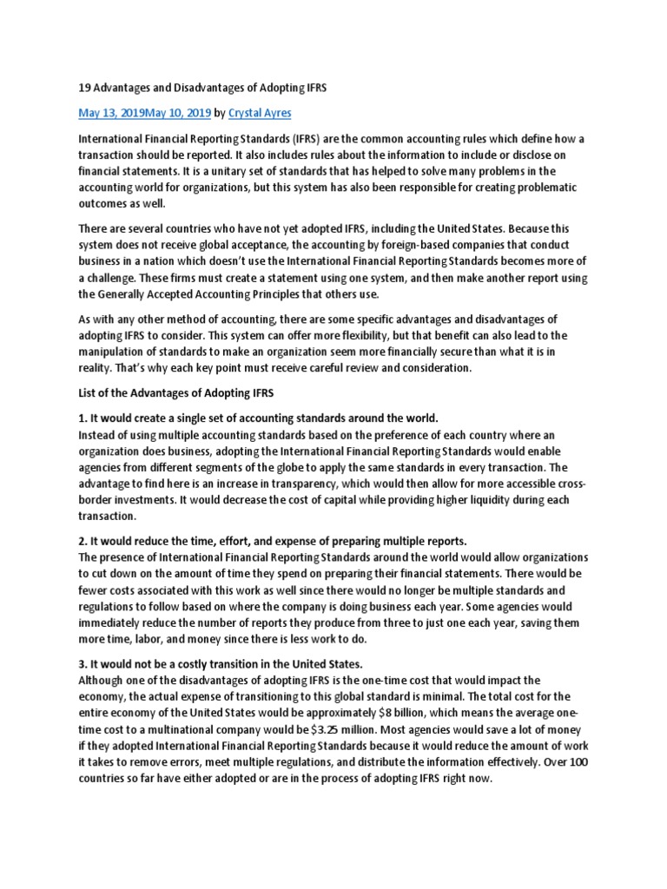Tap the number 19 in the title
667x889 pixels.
(84, 87)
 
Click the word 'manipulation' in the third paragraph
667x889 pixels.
(116, 352)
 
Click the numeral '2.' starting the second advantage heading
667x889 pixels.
(83, 541)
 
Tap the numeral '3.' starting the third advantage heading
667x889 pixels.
(83, 664)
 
